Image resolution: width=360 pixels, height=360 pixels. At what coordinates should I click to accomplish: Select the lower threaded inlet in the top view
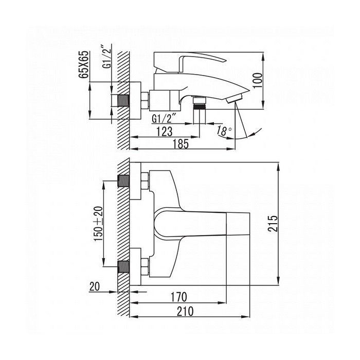(x=123, y=266)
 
